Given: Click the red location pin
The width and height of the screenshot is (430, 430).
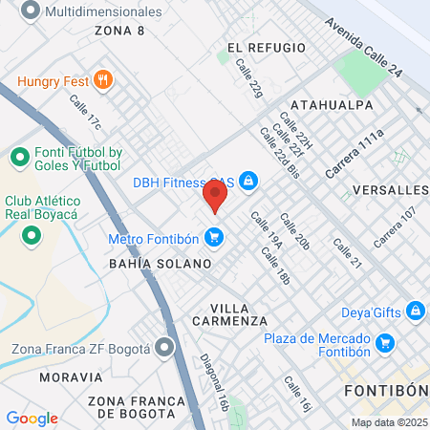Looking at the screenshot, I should tap(214, 196).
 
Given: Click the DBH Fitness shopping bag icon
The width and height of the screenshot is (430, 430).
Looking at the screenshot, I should tap(247, 181).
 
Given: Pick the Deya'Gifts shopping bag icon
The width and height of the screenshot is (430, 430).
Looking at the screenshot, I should tap(415, 311).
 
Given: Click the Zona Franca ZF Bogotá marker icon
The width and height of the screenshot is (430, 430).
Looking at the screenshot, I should tap(165, 347).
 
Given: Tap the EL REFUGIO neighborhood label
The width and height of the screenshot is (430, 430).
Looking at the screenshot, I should tap(267, 48).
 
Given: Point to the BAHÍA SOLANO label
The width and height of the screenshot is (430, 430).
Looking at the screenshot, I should tap(160, 263).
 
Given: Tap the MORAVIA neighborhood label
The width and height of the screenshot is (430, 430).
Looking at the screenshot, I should tap(71, 377).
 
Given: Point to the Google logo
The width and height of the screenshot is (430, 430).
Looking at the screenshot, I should tap(32, 418).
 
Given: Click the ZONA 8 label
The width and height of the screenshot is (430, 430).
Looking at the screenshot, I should tap(120, 31).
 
